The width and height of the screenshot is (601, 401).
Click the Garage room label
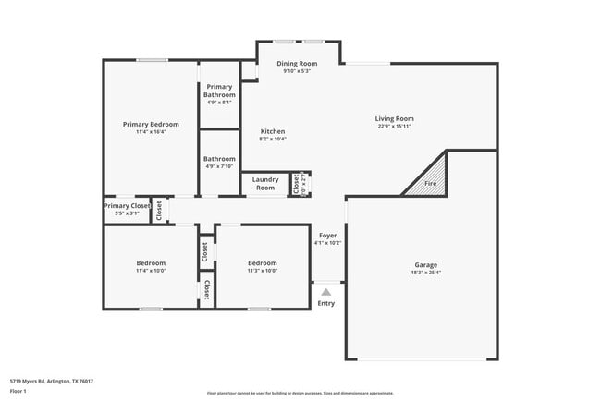tap(425, 264)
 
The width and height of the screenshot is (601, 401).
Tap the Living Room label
tap(394, 118)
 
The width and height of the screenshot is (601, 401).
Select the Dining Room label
tap(296, 63)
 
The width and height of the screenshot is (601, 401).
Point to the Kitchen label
tap(272, 131)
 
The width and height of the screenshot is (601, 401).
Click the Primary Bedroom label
tap(151, 124)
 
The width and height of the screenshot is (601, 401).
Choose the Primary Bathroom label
tap(219, 91)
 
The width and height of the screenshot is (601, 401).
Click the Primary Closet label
tap(127, 206)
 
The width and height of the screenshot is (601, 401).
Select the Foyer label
tap(327, 236)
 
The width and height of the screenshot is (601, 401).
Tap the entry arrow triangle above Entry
tap(325, 292)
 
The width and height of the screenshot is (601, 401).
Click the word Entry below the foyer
tap(325, 303)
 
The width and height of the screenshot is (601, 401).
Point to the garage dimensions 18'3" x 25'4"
tap(425, 273)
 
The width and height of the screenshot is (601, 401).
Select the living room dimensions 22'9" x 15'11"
tap(394, 127)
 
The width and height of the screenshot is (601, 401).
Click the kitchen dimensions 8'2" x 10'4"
tap(272, 140)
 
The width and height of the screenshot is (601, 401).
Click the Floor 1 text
tap(18, 391)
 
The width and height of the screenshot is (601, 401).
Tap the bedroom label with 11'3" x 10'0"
tap(262, 262)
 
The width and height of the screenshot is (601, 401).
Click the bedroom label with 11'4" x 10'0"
tap(151, 262)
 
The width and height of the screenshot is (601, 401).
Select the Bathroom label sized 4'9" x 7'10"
tap(219, 158)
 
